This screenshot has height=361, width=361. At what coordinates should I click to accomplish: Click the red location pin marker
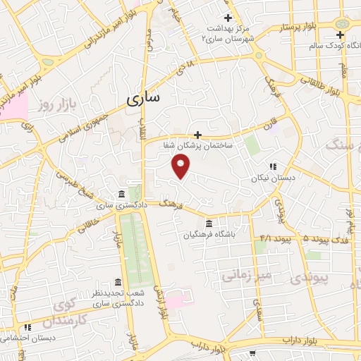(x=181, y=166)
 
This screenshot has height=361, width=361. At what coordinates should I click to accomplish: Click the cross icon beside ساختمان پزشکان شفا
(x=197, y=135)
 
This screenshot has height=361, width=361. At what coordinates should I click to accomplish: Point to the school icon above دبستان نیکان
(x=272, y=167)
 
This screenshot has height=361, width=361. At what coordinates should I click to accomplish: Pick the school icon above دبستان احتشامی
(x=27, y=327)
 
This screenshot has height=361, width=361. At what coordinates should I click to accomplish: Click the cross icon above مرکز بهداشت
(x=227, y=18)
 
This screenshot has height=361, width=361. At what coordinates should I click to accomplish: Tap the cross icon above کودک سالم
(x=341, y=35)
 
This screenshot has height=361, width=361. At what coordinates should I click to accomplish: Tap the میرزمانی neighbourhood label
(x=245, y=275)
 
